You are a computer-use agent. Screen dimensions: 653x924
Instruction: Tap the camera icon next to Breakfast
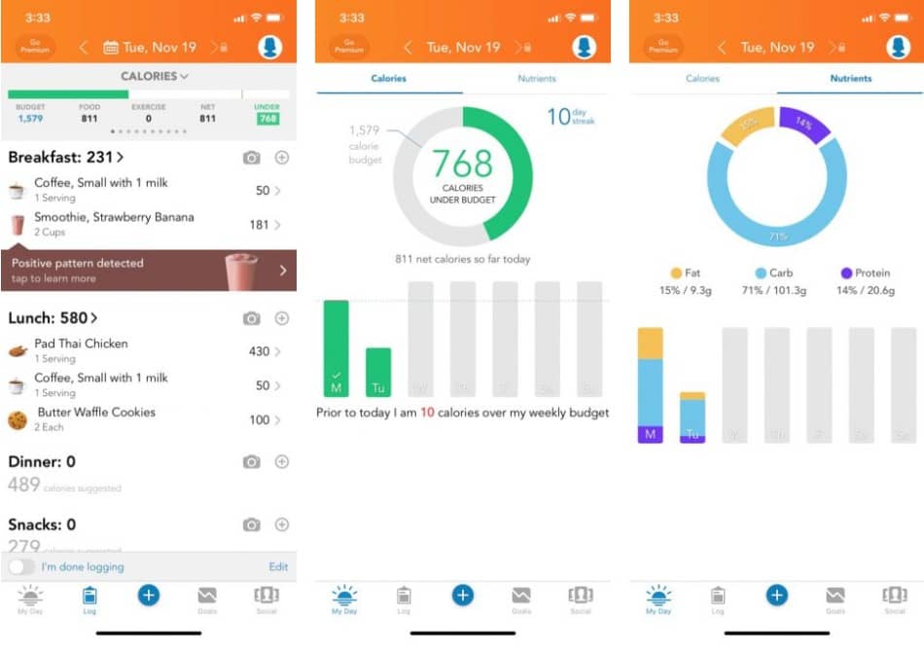[252, 157]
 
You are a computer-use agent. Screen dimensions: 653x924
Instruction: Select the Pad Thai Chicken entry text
[81, 344]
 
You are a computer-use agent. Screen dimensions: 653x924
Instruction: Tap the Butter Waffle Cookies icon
[18, 419]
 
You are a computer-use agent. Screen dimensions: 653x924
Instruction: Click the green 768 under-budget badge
[267, 119]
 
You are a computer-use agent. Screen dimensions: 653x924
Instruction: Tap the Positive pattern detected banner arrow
[283, 271]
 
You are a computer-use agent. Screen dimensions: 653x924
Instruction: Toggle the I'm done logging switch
[21, 566]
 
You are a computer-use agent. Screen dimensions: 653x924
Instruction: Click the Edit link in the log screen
[278, 566]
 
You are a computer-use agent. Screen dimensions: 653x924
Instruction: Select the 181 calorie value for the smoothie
[259, 225]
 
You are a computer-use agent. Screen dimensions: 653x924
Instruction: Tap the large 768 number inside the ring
[463, 163]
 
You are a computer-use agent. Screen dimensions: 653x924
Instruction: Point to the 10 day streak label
[570, 117]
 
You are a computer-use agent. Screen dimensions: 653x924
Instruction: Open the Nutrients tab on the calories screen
[537, 78]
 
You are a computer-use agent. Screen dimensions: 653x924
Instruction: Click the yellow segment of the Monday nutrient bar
[650, 344]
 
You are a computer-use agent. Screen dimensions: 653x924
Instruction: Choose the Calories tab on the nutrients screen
[702, 78]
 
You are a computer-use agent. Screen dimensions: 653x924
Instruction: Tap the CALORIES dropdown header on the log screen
[155, 76]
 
